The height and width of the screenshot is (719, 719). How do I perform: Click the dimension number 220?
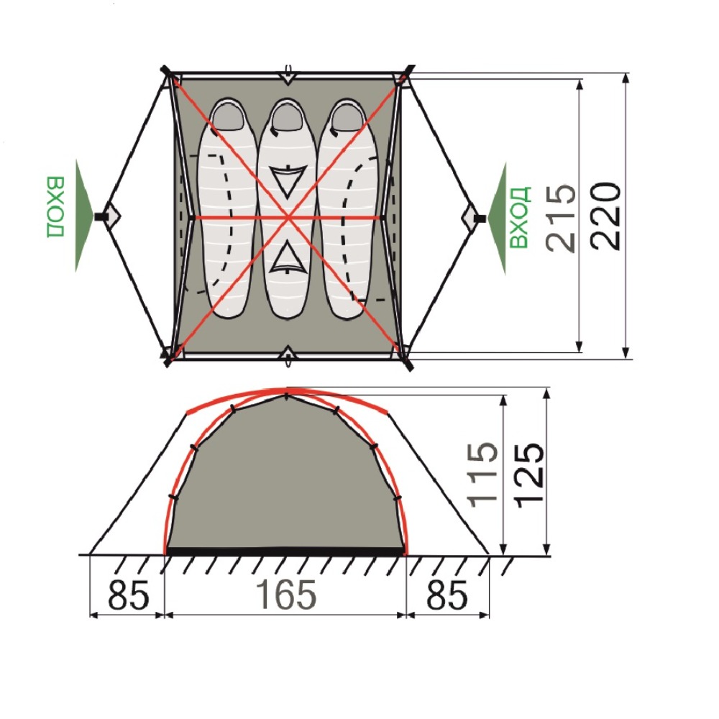click(605, 216)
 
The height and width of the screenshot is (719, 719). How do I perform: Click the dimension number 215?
click(560, 219)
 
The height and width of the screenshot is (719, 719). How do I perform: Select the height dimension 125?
click(530, 475)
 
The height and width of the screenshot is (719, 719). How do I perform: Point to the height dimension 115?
click(482, 475)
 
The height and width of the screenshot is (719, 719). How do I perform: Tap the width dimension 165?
click(285, 595)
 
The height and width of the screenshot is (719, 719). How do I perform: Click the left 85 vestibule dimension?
click(129, 595)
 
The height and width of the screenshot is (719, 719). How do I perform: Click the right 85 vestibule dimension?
click(447, 595)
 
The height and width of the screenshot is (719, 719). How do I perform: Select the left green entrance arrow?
click(85, 216)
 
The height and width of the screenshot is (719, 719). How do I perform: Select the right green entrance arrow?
click(497, 219)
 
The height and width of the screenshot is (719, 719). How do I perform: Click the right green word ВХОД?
click(520, 217)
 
